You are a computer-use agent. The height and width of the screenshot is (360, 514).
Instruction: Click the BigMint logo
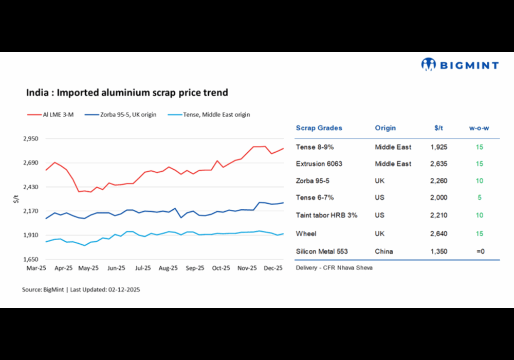[460, 65]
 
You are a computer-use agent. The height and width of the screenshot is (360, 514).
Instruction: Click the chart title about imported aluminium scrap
[127, 93]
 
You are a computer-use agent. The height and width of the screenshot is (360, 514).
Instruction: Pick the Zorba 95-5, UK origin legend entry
[125, 115]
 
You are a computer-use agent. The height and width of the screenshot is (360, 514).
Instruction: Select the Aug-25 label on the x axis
[169, 268]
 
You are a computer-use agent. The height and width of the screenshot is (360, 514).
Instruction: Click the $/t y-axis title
[16, 199]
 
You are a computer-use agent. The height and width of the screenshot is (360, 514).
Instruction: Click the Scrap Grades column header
[319, 128]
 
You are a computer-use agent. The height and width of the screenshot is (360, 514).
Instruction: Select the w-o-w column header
[479, 128]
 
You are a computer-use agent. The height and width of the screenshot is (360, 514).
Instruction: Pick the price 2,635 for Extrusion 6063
[438, 164]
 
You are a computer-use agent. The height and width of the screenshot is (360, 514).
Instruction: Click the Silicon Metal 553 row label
[322, 251]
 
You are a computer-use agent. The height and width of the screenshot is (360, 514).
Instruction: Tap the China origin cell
[384, 251]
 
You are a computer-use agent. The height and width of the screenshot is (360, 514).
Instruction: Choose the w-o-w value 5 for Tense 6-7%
[479, 197]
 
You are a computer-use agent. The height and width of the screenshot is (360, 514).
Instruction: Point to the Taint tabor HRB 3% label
[326, 215]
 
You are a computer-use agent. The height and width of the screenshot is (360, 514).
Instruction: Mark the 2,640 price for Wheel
[438, 233]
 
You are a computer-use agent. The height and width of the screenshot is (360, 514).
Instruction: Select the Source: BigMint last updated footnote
[81, 290]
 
